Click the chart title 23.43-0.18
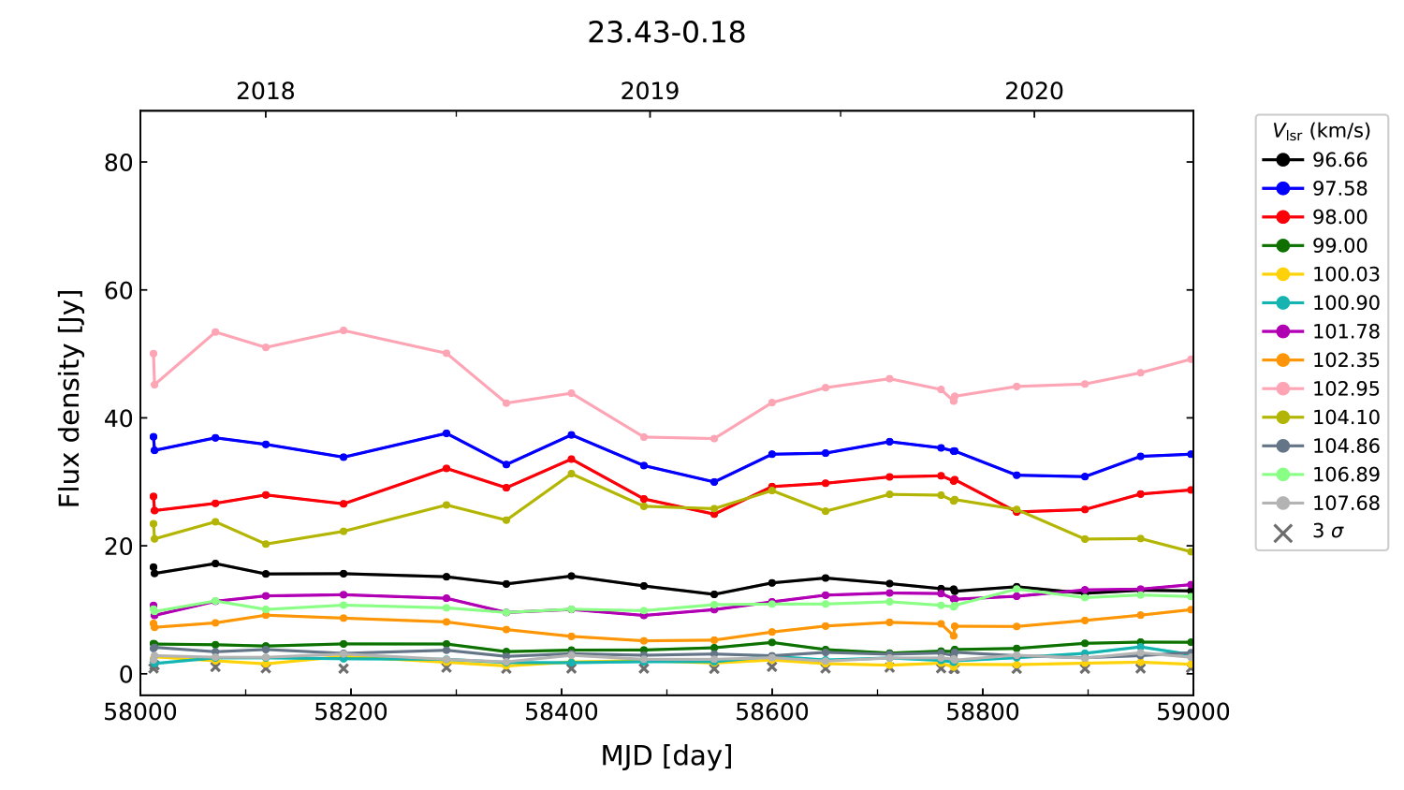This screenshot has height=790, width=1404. (666, 33)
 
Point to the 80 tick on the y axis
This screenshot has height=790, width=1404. (119, 162)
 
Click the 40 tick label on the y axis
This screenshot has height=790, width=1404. (119, 418)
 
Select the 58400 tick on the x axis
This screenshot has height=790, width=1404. (561, 712)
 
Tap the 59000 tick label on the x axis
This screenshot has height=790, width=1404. (1192, 712)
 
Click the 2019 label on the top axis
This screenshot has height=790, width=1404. (650, 91)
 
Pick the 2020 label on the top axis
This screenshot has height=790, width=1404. (1033, 91)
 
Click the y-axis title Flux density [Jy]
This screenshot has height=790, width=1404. (70, 399)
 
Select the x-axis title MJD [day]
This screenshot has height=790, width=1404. (666, 755)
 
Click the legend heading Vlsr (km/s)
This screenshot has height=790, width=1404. (1321, 131)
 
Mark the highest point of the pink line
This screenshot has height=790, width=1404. (344, 330)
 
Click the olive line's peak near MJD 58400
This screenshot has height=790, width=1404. (571, 474)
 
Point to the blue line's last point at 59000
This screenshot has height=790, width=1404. (1192, 454)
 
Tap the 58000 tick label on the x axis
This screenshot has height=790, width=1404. (140, 712)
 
